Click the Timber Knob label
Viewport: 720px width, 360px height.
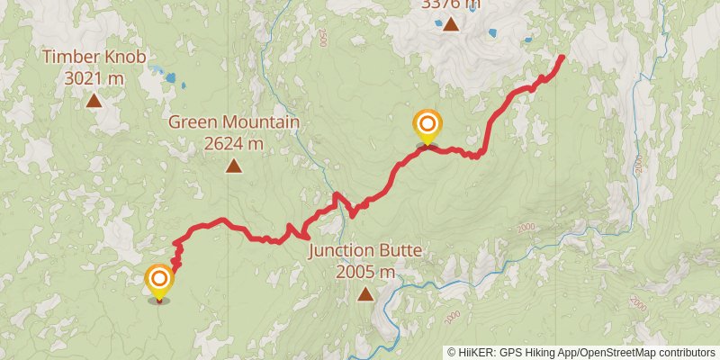[94, 58]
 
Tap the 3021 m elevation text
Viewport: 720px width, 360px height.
[94, 78]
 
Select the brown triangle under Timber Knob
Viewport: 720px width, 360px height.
[94, 101]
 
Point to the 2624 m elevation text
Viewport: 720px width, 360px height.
[233, 143]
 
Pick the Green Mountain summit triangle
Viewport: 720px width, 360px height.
[234, 166]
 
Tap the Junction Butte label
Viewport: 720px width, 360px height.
[364, 250]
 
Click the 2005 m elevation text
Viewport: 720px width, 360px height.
[364, 271]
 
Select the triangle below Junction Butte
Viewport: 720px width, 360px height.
[365, 293]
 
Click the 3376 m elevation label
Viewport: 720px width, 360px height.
[450, 4]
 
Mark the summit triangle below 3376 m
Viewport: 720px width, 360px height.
[450, 24]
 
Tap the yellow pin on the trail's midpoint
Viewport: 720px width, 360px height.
[427, 126]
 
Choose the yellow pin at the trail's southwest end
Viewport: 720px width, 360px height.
[159, 280]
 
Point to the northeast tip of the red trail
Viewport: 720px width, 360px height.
[562, 58]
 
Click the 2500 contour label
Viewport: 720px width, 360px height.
[322, 37]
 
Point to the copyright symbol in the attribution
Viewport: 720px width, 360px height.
[451, 353]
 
